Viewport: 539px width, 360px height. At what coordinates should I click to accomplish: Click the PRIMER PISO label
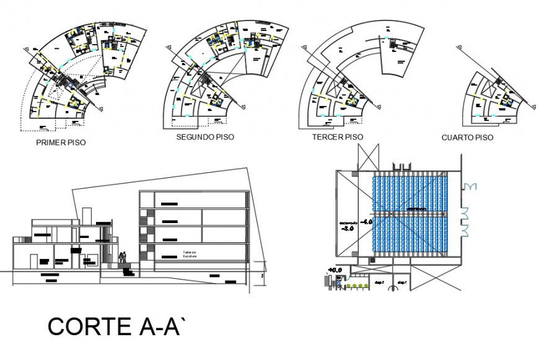61,142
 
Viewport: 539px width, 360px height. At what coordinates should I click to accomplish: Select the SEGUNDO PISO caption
205,137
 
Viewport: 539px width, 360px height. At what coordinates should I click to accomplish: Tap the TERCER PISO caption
338,137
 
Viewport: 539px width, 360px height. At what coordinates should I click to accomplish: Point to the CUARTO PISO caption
467,138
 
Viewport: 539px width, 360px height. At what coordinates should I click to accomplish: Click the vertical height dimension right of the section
262,276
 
